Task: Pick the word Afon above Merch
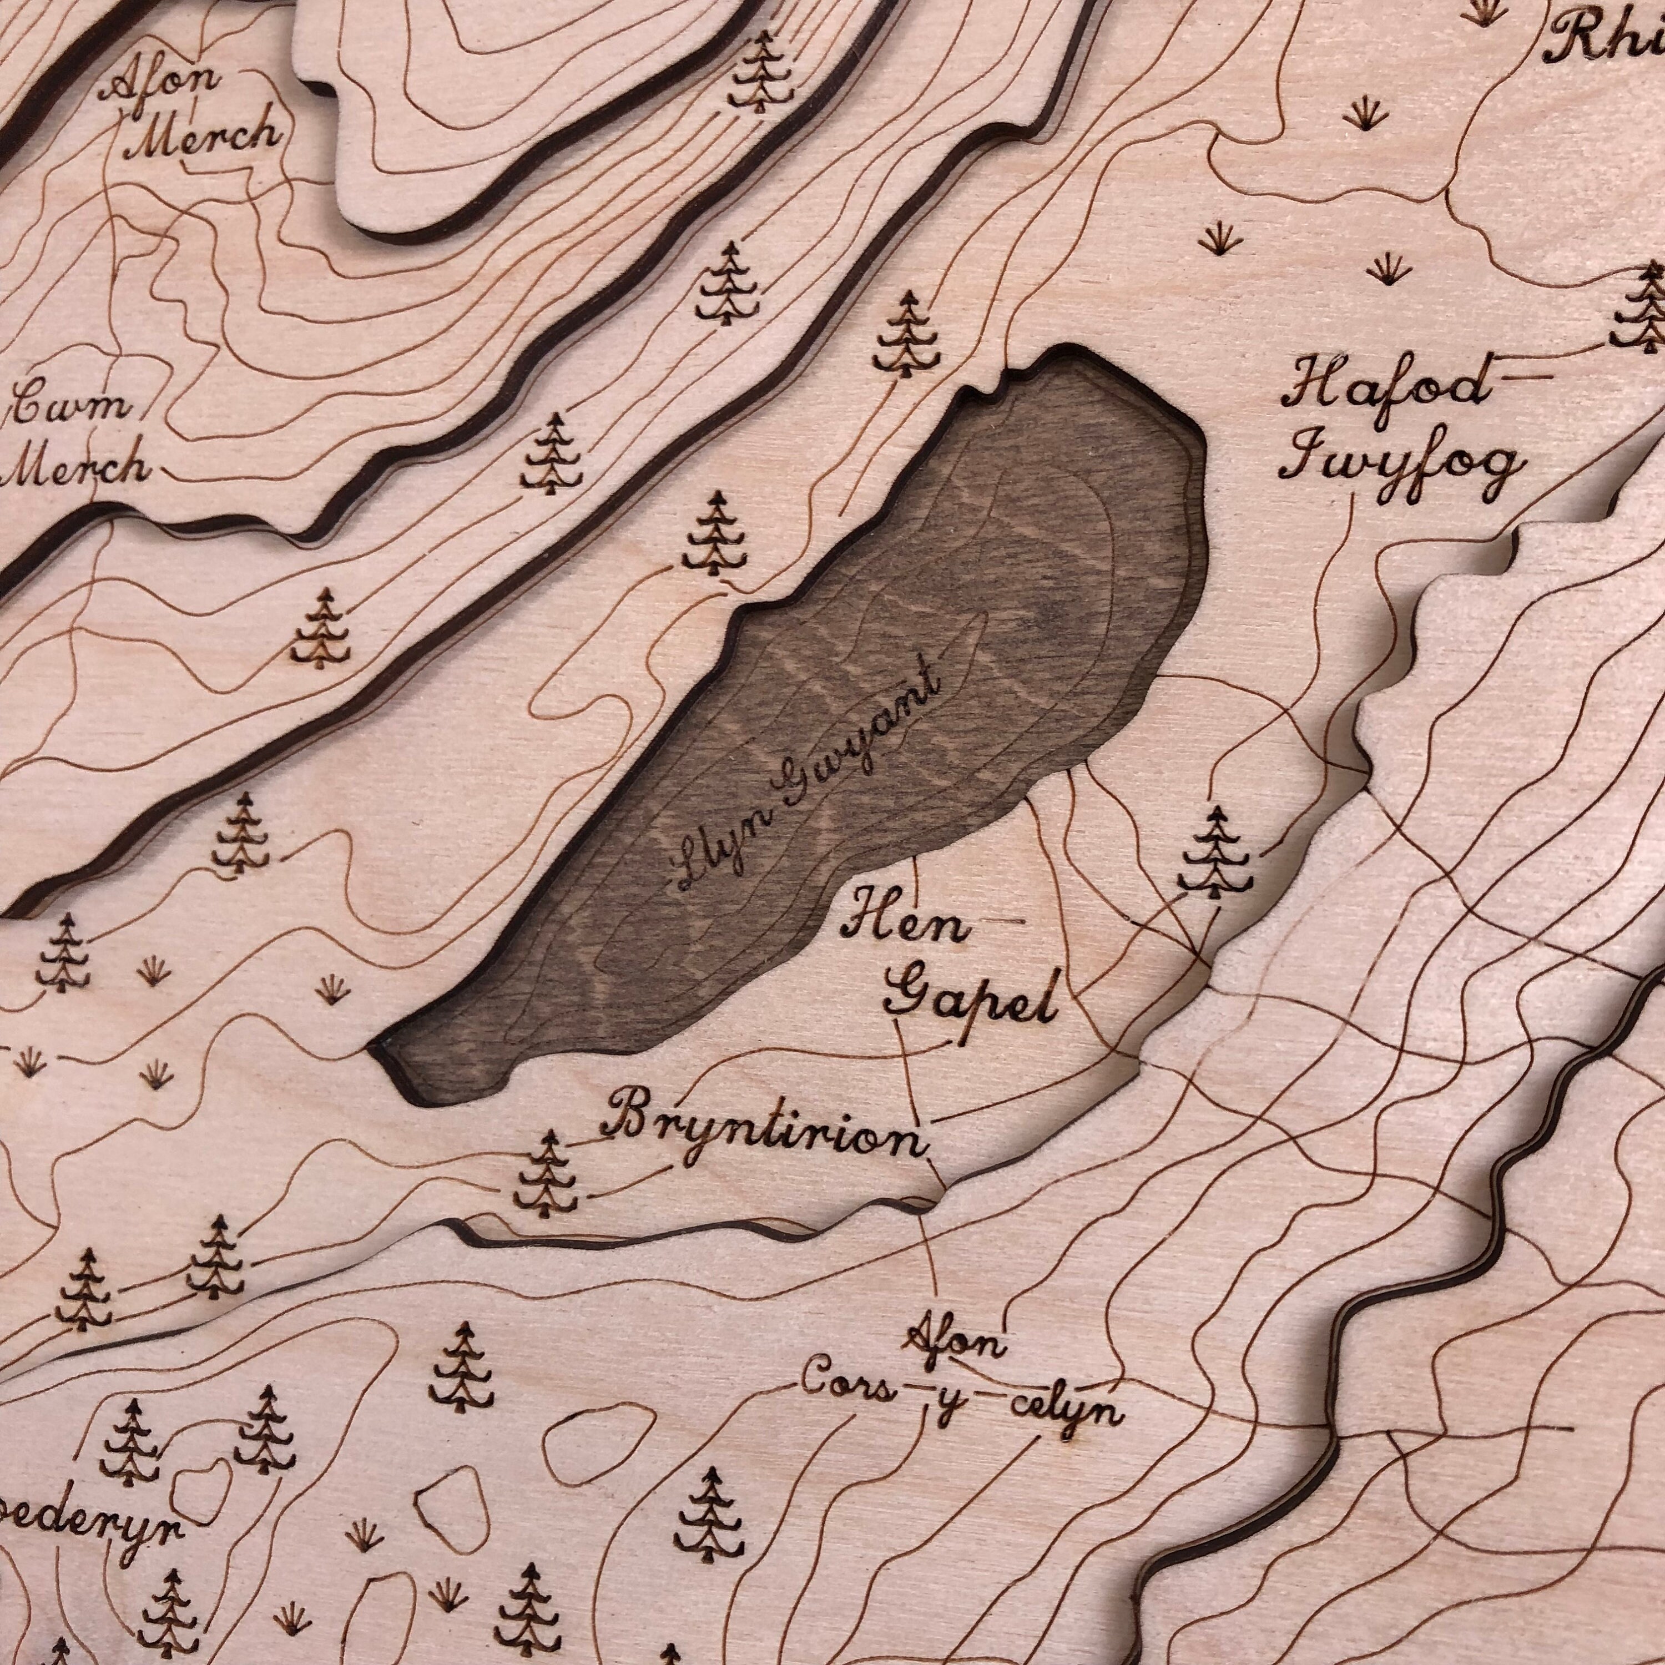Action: pos(164,84)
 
